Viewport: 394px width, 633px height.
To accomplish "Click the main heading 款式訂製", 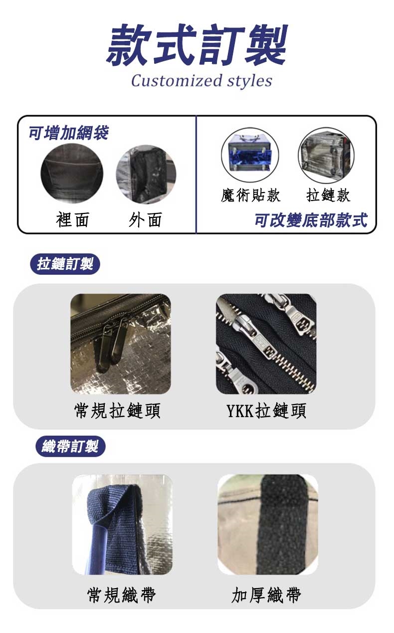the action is click(x=197, y=45).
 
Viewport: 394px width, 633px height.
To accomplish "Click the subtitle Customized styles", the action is click(x=201, y=81).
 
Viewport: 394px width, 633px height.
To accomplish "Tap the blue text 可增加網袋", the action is click(x=69, y=132).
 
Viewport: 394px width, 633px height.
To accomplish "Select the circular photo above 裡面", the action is click(x=72, y=173).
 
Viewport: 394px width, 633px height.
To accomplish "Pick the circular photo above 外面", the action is click(x=146, y=175).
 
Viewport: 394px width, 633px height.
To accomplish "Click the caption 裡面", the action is click(x=73, y=219).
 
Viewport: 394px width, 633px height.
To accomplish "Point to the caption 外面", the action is click(x=145, y=219).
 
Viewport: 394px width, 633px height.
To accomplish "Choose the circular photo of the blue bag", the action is click(x=250, y=155).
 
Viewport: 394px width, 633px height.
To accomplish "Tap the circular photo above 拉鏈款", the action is click(x=326, y=155).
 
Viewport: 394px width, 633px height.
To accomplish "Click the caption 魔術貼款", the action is click(x=250, y=195).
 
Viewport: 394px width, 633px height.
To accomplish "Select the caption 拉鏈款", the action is click(x=329, y=195).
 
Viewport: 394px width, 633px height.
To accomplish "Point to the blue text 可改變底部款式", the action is click(x=311, y=220).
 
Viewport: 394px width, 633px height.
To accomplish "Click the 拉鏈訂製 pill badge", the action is click(x=65, y=264).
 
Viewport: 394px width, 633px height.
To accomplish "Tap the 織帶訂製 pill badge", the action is click(x=70, y=446).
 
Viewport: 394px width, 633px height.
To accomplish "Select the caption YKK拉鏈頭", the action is click(x=266, y=411).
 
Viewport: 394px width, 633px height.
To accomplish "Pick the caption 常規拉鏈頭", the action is click(x=117, y=411).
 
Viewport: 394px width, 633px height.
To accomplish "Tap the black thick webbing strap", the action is click(x=283, y=525).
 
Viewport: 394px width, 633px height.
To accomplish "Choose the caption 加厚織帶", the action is click(x=266, y=595).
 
